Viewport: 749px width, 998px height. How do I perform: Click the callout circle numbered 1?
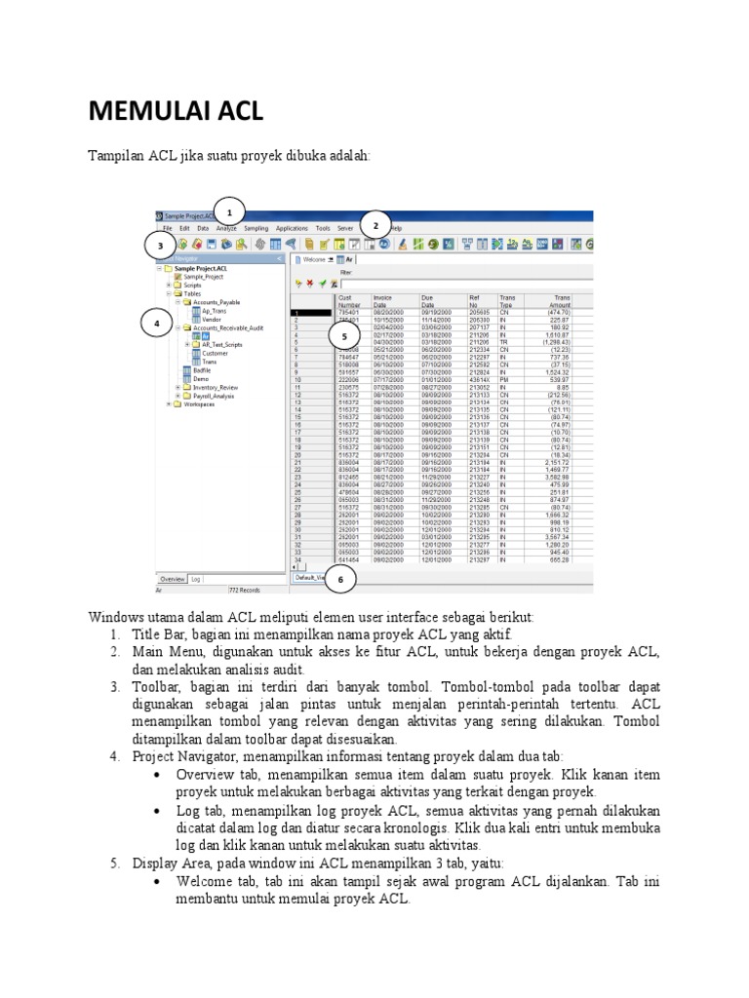click(x=229, y=212)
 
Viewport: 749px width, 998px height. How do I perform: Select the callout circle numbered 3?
click(x=161, y=247)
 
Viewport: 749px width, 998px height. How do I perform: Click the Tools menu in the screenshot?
click(x=323, y=227)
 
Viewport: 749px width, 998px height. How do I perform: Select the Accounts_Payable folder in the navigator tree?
click(x=217, y=302)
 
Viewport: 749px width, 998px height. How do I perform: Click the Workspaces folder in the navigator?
click(x=198, y=403)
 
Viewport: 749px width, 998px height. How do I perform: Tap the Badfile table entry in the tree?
click(x=201, y=370)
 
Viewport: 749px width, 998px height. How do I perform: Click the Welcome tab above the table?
click(x=314, y=259)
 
